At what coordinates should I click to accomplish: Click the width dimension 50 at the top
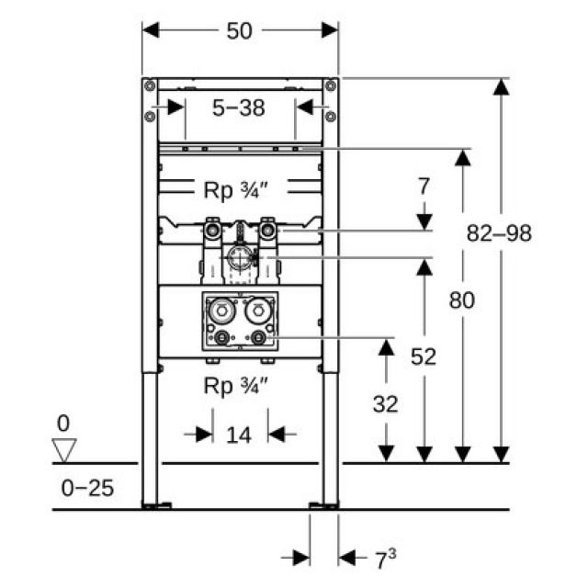click(x=239, y=30)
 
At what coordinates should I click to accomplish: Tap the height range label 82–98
click(x=499, y=233)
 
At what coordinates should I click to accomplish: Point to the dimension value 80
click(x=462, y=300)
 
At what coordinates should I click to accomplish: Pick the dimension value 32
click(x=386, y=402)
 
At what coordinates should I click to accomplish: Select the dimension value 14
click(x=239, y=434)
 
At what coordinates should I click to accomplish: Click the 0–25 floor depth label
click(x=88, y=488)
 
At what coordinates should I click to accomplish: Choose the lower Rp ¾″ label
click(x=237, y=386)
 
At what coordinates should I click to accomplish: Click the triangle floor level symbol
click(x=63, y=451)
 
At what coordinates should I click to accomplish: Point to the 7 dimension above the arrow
click(x=424, y=187)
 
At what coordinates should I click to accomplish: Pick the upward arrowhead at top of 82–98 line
click(x=500, y=87)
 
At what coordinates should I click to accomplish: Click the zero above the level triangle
click(x=62, y=424)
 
